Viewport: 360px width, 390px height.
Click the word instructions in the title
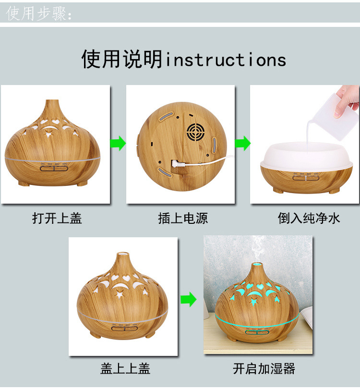click(226, 60)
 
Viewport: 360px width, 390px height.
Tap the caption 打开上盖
click(57, 219)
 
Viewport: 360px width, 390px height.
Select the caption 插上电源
click(183, 219)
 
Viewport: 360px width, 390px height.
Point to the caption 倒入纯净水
click(309, 219)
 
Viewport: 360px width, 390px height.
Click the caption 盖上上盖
click(125, 368)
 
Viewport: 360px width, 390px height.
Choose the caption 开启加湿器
click(264, 368)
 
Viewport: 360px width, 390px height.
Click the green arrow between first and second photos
click(118, 143)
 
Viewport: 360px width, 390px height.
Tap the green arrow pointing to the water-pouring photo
click(242, 143)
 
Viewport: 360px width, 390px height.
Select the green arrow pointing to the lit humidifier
click(189, 300)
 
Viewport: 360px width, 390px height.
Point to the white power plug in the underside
click(179, 164)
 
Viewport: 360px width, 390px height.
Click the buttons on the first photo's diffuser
click(54, 168)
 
